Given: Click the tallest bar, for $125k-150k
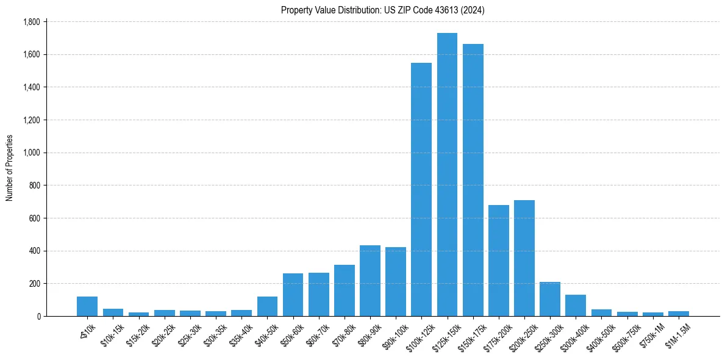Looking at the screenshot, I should coord(447,175).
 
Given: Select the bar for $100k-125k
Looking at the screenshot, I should coord(421,189).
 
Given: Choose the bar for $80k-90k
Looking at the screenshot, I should coord(370,281).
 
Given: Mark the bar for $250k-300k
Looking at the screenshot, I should coord(550,299).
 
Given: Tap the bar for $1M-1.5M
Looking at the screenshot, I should coord(678,314).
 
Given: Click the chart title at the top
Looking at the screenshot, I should coord(383,10).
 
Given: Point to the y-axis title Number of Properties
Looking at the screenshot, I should coord(10,168).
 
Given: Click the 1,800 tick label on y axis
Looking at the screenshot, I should coord(30,22).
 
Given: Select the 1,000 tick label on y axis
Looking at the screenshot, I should coord(30,153).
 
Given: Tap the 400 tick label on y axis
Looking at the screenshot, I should coord(34,251).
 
